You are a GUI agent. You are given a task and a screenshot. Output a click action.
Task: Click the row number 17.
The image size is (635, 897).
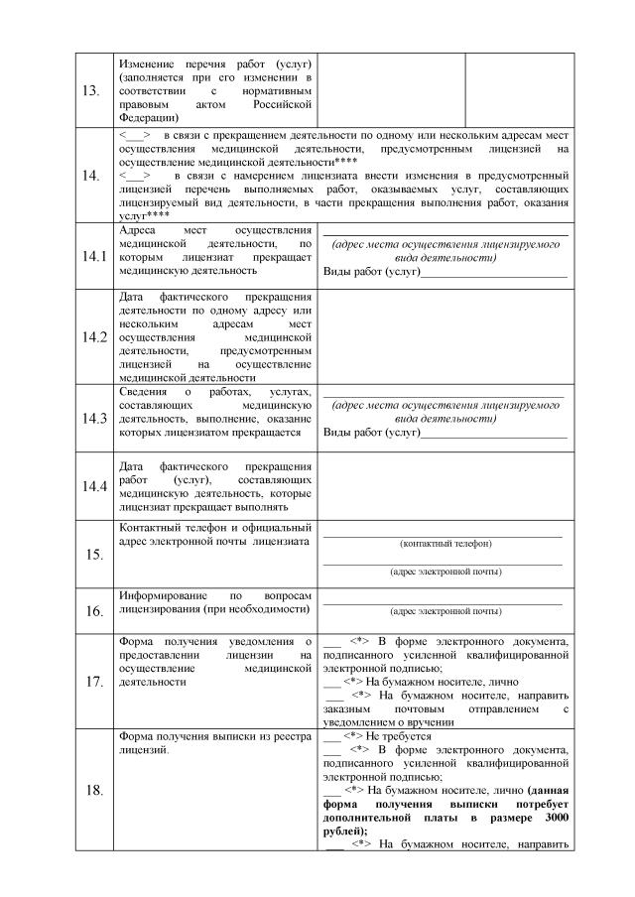pyautogui.click(x=92, y=682)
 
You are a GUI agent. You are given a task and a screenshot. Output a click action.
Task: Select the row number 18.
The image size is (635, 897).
pyautogui.click(x=92, y=790)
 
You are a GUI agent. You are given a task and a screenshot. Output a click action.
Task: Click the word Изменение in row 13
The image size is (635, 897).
pyautogui.click(x=148, y=63)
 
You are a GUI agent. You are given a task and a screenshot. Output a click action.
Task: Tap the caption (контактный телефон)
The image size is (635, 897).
pyautogui.click(x=444, y=544)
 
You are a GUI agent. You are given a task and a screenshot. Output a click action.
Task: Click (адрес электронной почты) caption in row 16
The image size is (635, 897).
pyautogui.click(x=444, y=612)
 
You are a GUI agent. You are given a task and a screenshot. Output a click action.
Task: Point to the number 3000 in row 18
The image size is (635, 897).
pyautogui.click(x=556, y=817)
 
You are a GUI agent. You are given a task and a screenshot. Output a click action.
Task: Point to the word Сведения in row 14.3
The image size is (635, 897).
pyautogui.click(x=145, y=392)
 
